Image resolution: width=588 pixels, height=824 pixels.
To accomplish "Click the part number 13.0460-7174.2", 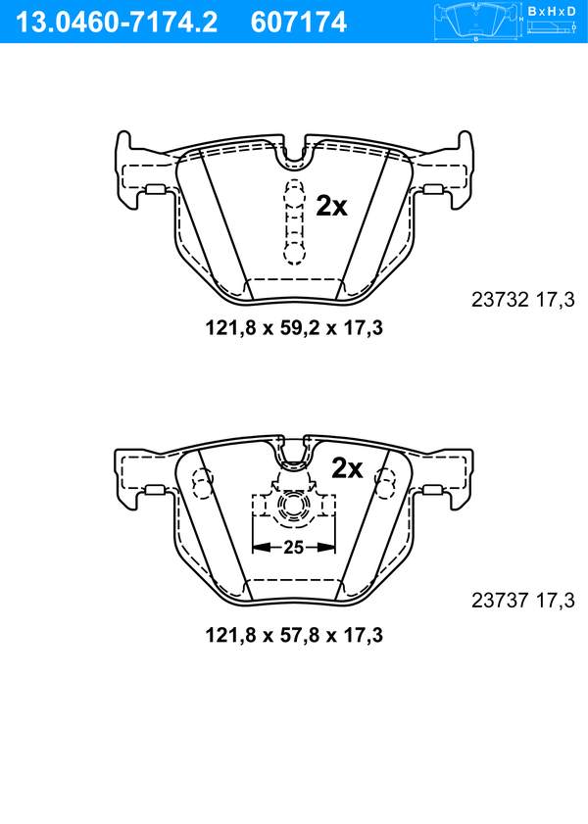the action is tap(117, 23).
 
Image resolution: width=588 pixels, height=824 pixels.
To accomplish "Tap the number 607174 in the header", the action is tap(299, 23).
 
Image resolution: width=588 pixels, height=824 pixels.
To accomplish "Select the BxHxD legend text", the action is tap(552, 11).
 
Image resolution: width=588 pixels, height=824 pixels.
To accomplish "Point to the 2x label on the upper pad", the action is tap(331, 207).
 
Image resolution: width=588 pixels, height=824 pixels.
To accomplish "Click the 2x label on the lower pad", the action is tap(347, 468).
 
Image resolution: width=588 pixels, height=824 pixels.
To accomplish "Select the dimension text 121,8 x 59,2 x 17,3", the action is tap(294, 328).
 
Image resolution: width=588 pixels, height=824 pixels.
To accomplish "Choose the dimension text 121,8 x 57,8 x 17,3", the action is tap(294, 635).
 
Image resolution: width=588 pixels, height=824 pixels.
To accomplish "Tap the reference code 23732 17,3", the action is tap(523, 300).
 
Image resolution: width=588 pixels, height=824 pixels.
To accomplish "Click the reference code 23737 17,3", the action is tap(523, 600).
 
